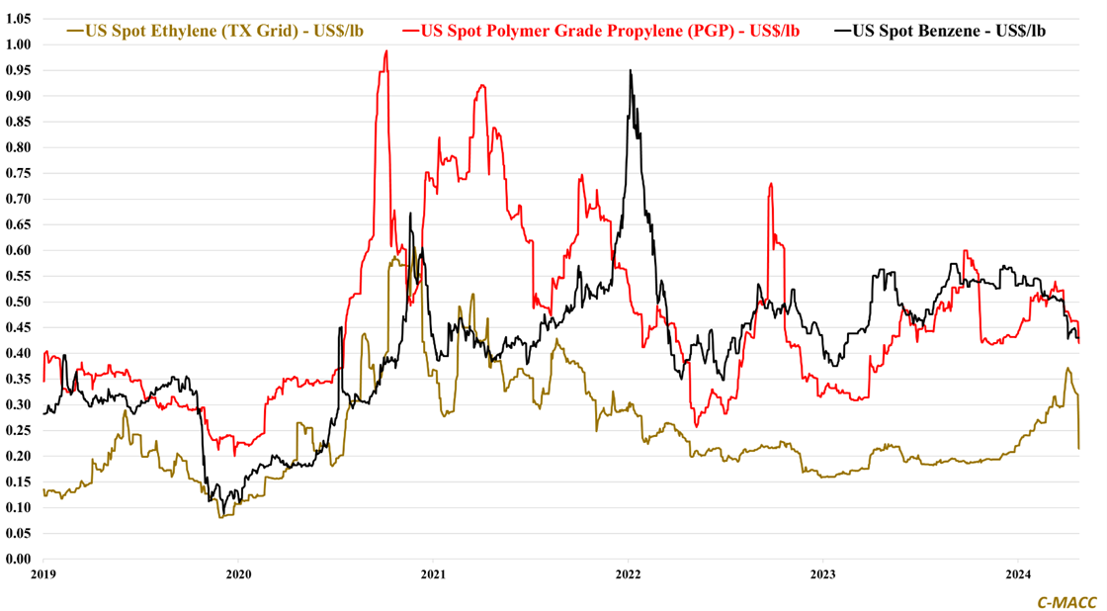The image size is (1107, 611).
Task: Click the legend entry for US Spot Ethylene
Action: (223, 31)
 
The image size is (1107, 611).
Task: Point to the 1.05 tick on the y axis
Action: (19, 19)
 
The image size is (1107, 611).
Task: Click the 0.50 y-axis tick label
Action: (19, 302)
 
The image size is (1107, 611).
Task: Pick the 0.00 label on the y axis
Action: (19, 559)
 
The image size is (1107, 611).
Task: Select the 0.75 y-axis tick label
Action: (19, 173)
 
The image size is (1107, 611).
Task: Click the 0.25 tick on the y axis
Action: (19, 430)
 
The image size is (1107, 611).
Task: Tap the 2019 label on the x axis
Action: (43, 573)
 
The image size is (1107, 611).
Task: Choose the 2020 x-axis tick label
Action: (238, 573)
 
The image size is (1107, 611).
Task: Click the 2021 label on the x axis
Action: (433, 573)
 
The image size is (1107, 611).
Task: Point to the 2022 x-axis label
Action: (629, 573)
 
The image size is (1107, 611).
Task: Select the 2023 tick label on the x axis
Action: (823, 573)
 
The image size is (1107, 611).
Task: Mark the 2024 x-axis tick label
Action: (1018, 573)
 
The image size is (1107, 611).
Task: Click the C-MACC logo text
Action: (1065, 600)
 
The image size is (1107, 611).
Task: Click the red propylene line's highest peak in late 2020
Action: (385, 51)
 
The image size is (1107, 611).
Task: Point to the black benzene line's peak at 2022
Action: (631, 70)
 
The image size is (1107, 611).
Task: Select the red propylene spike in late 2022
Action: (770, 184)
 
